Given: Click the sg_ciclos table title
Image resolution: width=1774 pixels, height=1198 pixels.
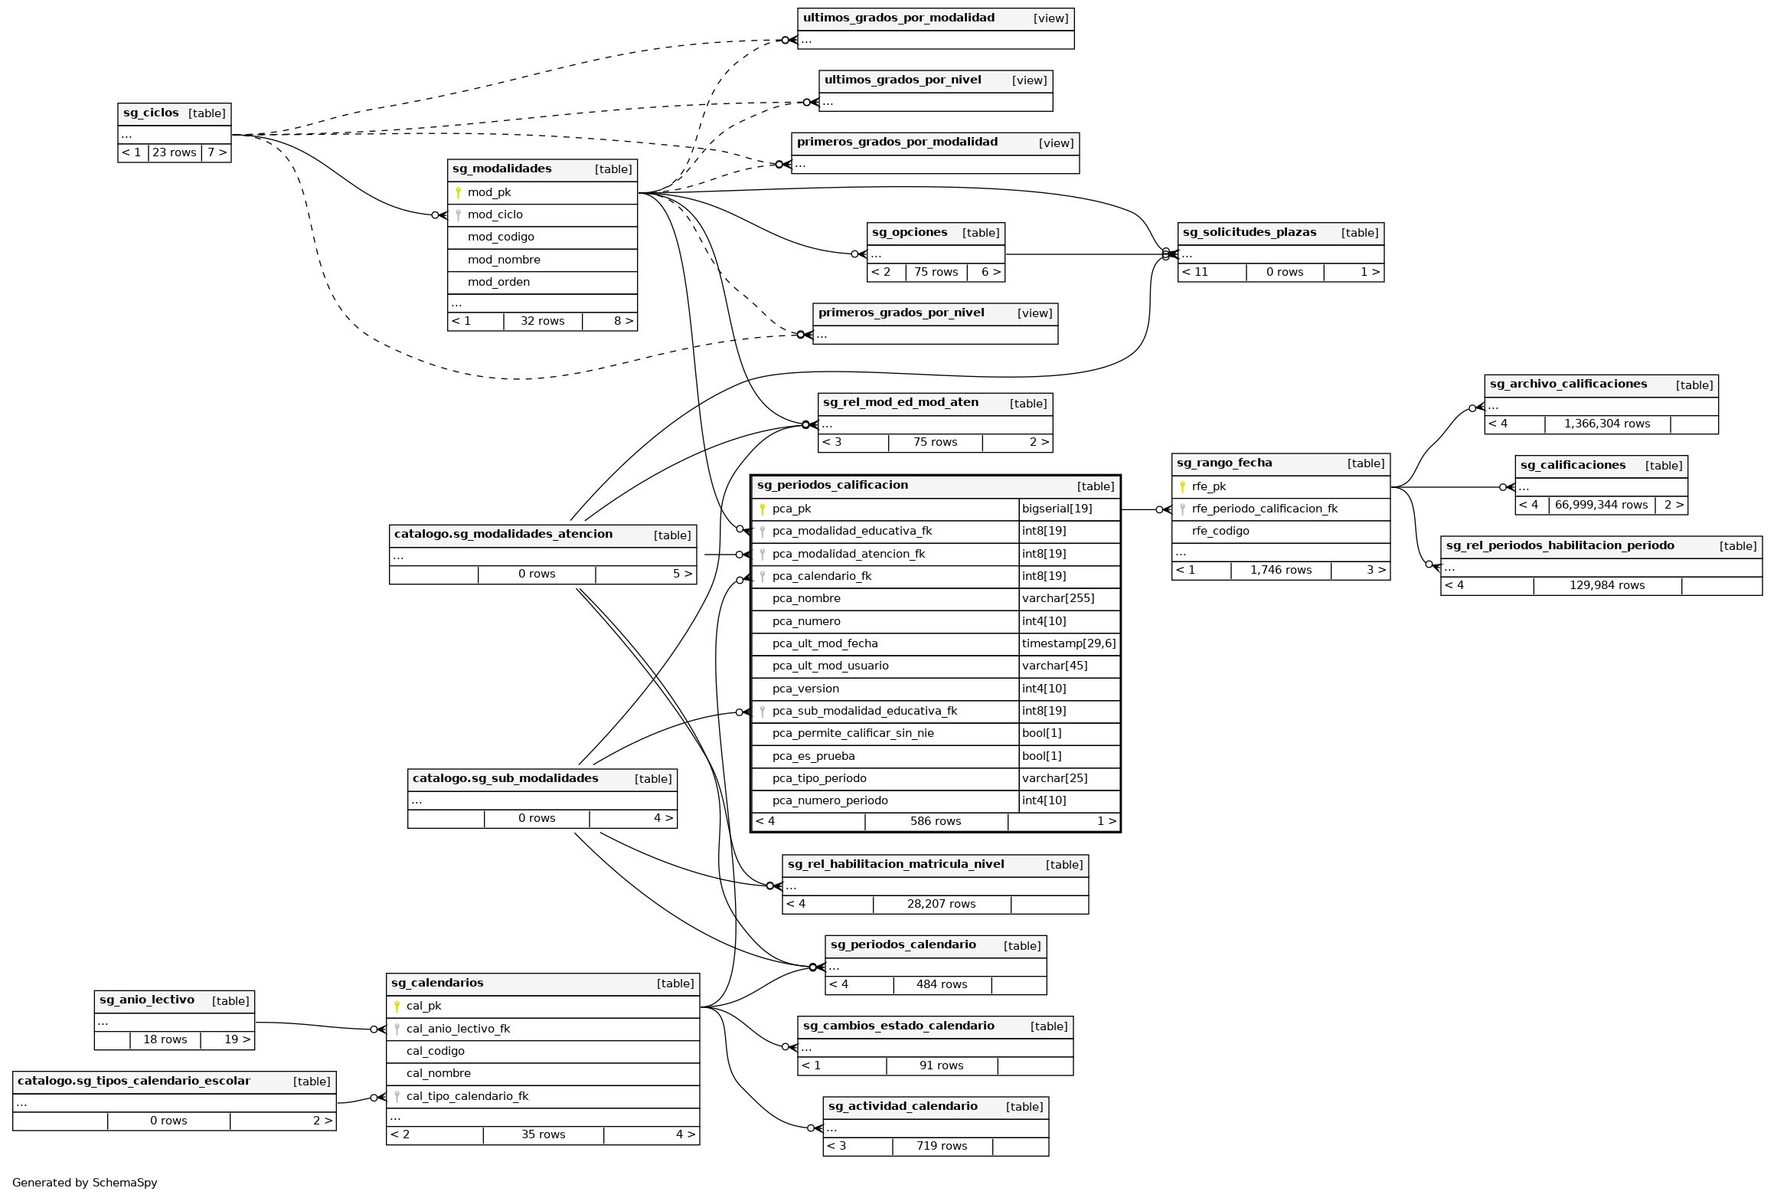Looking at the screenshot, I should [x=151, y=113].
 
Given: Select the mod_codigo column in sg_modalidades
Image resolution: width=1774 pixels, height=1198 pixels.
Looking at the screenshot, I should [x=501, y=237].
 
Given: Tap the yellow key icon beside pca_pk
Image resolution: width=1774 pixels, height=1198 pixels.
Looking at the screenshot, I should [x=762, y=509].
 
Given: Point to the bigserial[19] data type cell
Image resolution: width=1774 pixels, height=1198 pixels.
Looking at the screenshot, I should [x=1057, y=509].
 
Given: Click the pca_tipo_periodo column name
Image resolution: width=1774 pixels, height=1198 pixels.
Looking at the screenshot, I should [x=819, y=778].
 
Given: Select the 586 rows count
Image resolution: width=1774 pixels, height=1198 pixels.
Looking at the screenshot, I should [x=935, y=821].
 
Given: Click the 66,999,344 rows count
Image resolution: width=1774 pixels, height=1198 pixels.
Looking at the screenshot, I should [x=1601, y=505].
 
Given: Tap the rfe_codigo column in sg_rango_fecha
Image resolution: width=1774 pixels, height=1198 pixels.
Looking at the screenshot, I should [x=1220, y=531].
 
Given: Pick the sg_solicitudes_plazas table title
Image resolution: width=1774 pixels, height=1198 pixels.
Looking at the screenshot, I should [x=1249, y=232].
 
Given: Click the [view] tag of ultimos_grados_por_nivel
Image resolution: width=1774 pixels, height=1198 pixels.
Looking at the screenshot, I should [x=1029, y=80].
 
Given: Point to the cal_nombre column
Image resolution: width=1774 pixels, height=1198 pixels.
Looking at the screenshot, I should [x=438, y=1073].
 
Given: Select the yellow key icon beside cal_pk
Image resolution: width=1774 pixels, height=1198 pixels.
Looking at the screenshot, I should [x=397, y=1007].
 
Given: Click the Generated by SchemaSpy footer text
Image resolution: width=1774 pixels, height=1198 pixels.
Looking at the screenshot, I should [x=85, y=1183].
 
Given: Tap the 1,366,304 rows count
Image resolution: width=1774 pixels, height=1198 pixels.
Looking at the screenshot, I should [x=1606, y=424].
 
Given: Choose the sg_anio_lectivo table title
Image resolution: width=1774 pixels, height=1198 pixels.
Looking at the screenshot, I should [x=147, y=1000].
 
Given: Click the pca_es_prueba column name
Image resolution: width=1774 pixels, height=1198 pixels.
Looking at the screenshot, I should [x=813, y=756].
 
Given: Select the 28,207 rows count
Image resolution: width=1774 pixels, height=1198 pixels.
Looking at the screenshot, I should [x=941, y=904].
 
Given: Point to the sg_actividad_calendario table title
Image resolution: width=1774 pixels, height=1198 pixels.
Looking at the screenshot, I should [x=903, y=1106].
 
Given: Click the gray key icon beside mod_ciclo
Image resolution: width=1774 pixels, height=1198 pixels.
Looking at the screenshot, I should [x=458, y=215].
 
